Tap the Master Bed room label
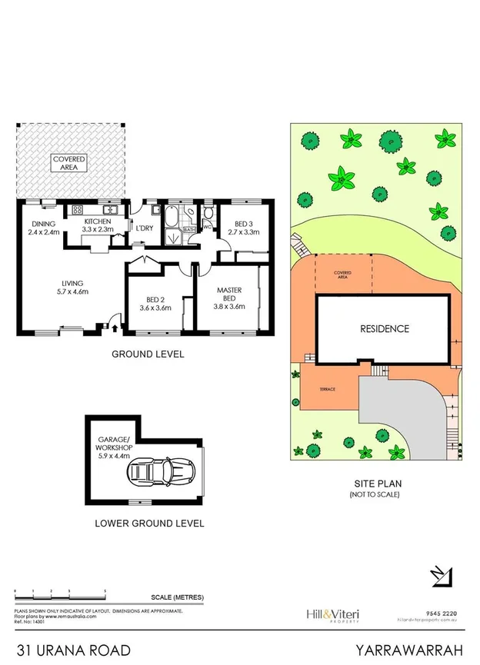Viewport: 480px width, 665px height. click(228, 294)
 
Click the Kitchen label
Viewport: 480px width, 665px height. click(98, 221)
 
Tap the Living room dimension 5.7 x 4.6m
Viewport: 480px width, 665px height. click(73, 291)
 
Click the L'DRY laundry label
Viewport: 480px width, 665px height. click(145, 228)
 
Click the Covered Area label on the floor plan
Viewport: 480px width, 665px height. click(69, 162)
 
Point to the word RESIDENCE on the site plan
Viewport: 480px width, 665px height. click(385, 329)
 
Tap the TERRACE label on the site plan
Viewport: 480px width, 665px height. click(327, 390)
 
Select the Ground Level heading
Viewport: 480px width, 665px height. click(148, 354)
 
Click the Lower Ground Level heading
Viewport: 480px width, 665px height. click(148, 524)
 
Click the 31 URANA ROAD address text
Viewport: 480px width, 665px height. click(68, 650)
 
